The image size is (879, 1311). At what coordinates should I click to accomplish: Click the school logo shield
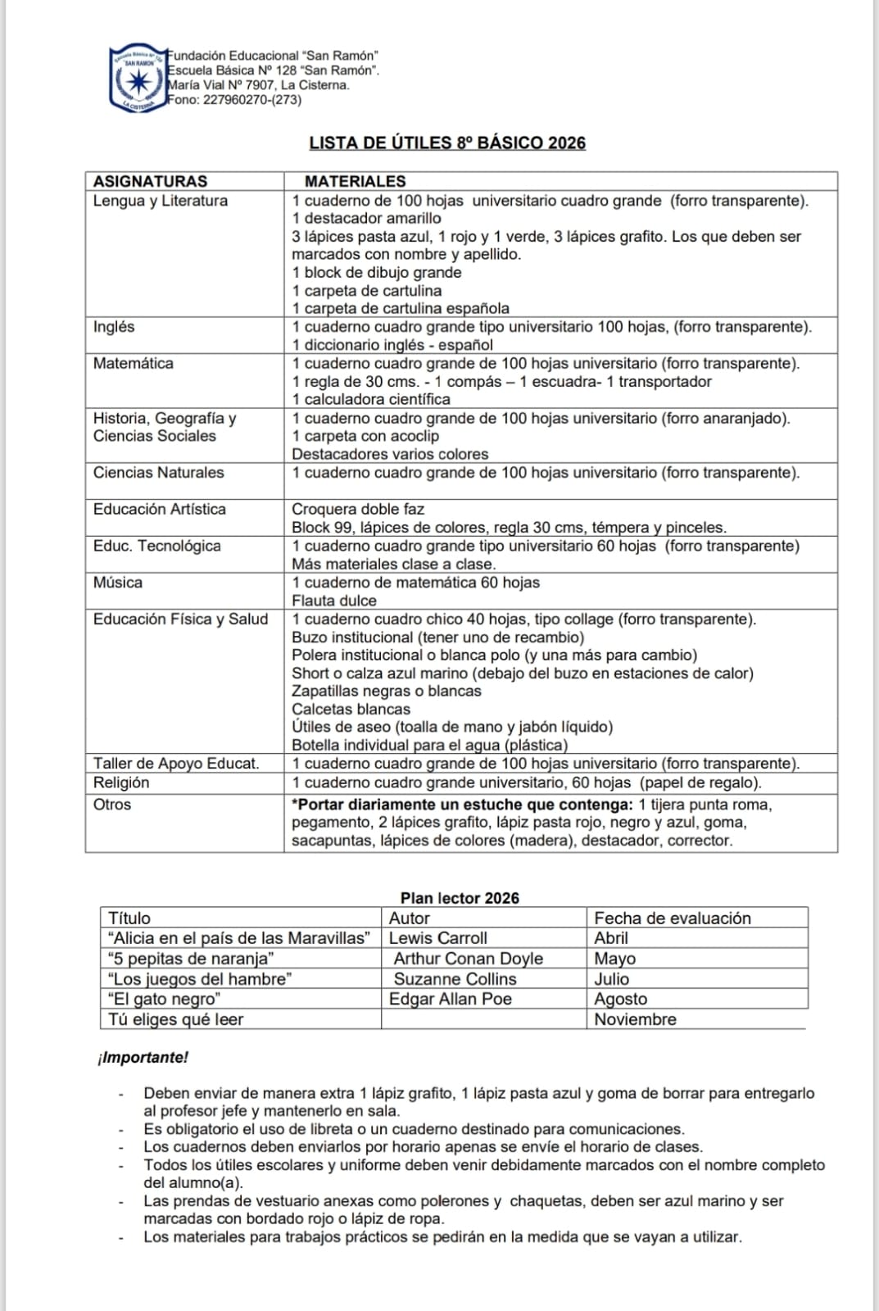coord(137,79)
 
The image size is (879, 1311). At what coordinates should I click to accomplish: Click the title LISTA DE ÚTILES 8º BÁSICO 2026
coord(447,143)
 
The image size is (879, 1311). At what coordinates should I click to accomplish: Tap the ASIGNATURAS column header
coord(150,181)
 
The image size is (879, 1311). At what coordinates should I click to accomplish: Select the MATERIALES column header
coord(355,181)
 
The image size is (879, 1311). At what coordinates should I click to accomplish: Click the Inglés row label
coord(114,327)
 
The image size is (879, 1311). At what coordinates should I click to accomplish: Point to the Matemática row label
coord(133,363)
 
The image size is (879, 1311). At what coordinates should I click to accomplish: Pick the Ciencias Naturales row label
coord(158,473)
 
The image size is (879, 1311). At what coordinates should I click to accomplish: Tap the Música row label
coord(118,583)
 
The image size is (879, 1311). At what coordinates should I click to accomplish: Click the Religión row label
coord(121,783)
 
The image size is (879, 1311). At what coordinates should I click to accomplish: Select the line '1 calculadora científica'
coord(371,400)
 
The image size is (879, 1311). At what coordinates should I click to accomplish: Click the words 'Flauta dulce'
coord(334,601)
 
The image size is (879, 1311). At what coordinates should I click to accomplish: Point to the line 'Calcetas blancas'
coord(351,710)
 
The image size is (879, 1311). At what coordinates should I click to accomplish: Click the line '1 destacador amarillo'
coord(366,219)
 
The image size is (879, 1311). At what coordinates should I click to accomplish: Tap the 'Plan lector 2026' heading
coord(460,898)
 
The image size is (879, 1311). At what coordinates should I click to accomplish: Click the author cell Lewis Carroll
coord(437,938)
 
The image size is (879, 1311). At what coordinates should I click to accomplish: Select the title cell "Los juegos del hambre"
coord(200,979)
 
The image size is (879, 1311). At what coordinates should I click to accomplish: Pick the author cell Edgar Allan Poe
coord(450,999)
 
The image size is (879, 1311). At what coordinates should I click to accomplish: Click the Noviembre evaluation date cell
coord(635,1019)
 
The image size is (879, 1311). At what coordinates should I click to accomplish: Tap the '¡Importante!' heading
coord(143,1058)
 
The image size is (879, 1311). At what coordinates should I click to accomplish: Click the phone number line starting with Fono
coord(234,100)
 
